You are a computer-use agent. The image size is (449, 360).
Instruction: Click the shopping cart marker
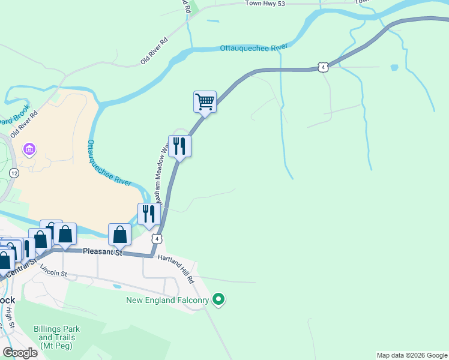point(205,101)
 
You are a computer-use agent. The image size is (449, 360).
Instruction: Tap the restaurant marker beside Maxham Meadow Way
point(179,146)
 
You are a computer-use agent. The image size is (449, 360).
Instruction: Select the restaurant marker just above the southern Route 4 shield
point(149,214)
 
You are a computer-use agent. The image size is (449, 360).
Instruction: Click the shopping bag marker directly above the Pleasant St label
point(119,235)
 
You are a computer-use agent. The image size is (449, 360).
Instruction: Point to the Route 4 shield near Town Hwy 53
point(324,67)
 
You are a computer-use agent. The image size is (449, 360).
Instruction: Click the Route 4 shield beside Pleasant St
point(157,239)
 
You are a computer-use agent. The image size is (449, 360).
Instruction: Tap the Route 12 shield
point(14,173)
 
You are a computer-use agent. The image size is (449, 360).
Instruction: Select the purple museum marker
point(28,148)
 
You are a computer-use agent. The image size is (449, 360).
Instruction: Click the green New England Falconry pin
point(218,299)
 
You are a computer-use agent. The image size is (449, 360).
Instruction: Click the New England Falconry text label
point(167,299)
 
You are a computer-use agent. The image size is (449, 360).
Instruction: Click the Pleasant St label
point(103,253)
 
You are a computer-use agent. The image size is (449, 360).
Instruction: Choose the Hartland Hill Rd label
point(176,268)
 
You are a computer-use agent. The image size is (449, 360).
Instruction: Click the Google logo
point(20,353)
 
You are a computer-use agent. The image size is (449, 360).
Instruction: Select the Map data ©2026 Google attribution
point(412,355)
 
